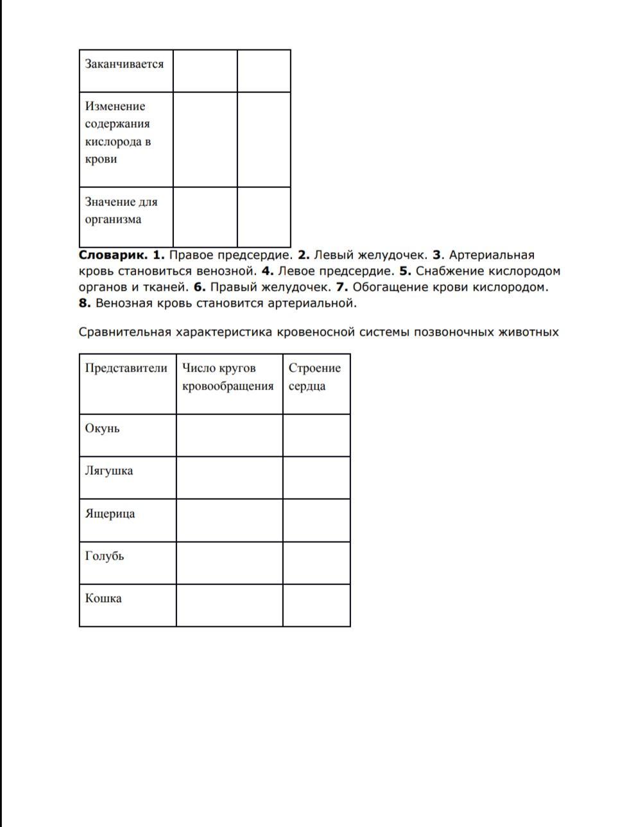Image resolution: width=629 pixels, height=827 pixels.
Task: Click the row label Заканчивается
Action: tap(124, 64)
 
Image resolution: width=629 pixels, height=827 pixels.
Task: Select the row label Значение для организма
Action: tap(121, 210)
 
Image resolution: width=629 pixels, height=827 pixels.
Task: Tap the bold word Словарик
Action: tap(113, 255)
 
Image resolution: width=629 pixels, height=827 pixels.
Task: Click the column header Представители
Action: tap(126, 368)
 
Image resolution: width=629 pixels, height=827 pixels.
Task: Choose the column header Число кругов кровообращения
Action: tap(228, 377)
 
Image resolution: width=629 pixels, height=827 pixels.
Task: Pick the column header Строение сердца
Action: tap(314, 377)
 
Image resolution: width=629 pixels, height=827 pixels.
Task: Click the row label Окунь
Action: tap(102, 429)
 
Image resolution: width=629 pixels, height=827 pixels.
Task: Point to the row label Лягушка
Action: tap(109, 471)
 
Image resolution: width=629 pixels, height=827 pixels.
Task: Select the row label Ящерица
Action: tap(110, 514)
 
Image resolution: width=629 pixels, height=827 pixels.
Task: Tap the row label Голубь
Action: tap(105, 556)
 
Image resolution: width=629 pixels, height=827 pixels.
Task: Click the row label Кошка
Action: tap(103, 599)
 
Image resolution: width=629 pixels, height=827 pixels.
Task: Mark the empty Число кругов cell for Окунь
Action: tap(229, 436)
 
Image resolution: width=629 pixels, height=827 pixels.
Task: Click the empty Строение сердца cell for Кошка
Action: tap(316, 605)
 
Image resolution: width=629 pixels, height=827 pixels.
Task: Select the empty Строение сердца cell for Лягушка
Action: tap(316, 478)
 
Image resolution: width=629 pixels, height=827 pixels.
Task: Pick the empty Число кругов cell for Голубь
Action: tap(229, 563)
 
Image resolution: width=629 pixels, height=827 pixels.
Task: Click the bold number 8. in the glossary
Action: tap(85, 303)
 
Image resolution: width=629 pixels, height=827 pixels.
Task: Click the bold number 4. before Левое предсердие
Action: tap(268, 271)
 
